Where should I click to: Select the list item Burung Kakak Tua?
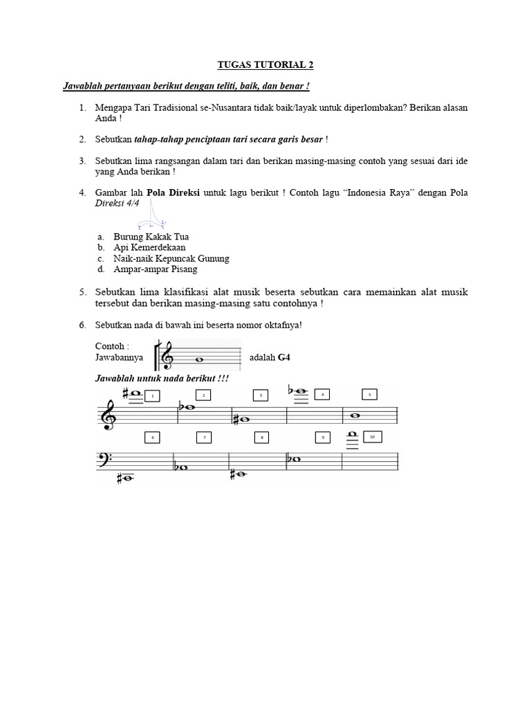point(147,237)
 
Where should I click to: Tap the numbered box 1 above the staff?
point(151,395)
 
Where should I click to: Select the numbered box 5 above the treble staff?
point(369,395)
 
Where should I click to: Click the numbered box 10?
point(371,437)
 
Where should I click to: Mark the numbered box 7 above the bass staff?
point(204,438)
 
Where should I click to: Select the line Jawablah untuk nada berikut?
point(162,379)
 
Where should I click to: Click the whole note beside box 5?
point(355,416)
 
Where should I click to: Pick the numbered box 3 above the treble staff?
point(261,395)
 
